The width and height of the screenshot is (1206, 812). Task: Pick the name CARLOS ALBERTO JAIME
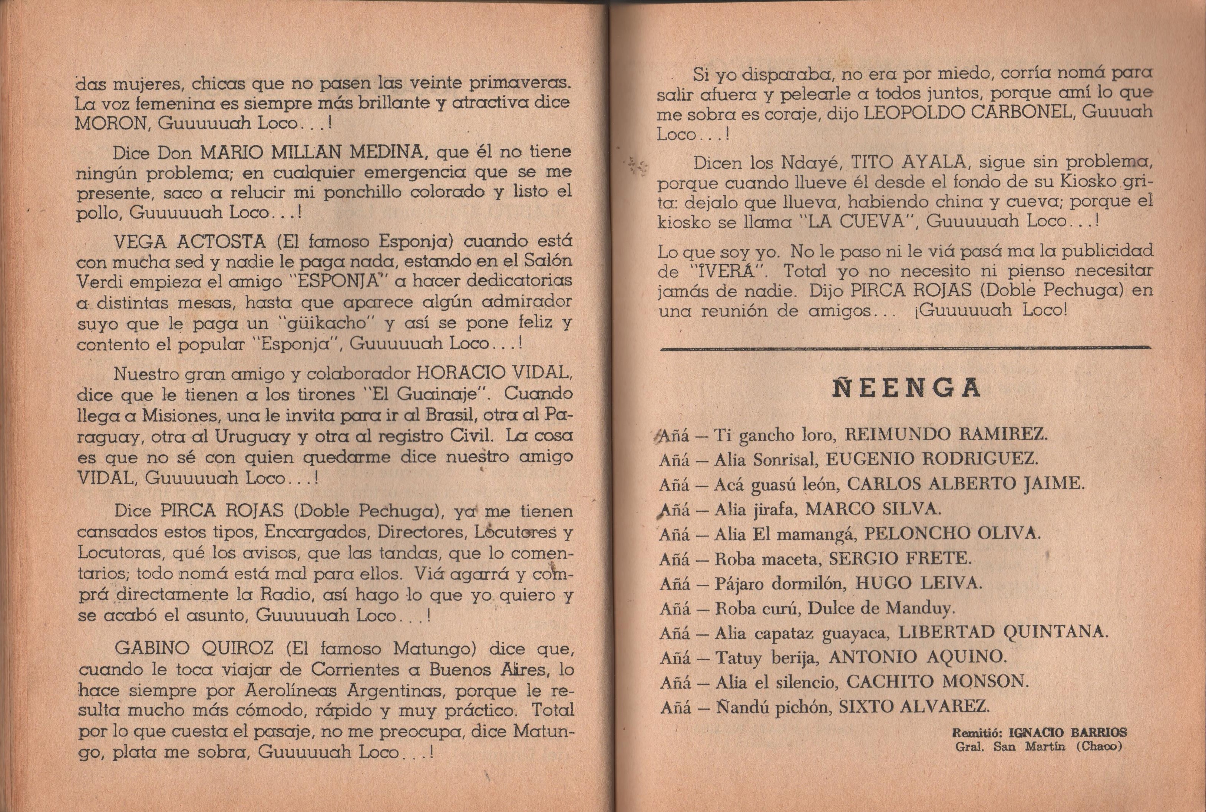964,484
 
